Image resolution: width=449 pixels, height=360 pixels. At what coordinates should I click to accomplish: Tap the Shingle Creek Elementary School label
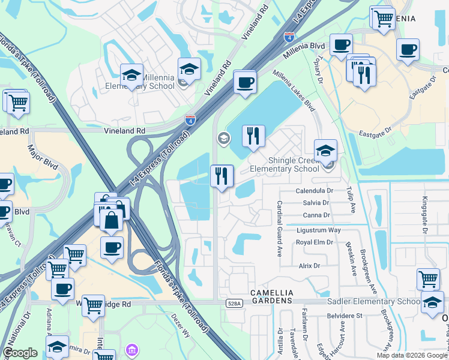coord(285,164)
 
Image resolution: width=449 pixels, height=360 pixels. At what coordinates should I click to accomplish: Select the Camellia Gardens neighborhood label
coord(272,292)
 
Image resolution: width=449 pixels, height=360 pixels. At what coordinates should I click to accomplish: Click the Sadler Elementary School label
coord(373,301)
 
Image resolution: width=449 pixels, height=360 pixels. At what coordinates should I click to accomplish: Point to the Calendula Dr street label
coord(314,191)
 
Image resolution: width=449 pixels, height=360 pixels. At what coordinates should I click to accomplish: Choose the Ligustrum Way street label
coord(318,230)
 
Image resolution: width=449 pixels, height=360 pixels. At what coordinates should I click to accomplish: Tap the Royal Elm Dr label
coord(314,242)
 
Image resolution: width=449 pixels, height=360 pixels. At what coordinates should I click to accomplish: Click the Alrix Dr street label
coord(309,265)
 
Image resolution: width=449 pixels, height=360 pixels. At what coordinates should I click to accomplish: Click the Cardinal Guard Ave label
coord(280,228)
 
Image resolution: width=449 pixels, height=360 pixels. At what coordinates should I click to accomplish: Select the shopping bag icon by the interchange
coord(112,220)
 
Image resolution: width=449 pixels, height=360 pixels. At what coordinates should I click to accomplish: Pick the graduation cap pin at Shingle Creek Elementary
coord(325,150)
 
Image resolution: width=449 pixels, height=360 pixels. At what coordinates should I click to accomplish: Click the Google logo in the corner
coord(20,353)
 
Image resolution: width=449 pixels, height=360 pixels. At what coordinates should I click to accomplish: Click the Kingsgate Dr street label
coord(424,214)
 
